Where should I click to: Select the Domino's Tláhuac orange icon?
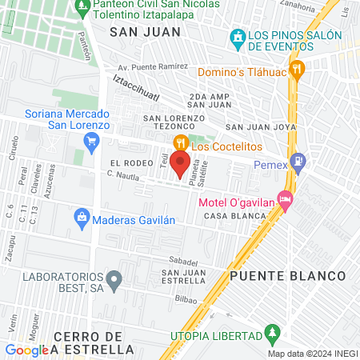(297, 69)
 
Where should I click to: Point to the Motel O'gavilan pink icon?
(284, 198)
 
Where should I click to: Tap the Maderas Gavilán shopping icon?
(82, 216)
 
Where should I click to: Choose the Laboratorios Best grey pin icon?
(114, 280)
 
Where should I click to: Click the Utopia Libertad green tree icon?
(273, 330)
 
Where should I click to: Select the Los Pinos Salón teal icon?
(237, 37)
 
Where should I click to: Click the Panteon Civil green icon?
(82, 7)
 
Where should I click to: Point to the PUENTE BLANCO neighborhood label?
(288, 276)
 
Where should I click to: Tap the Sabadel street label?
(183, 261)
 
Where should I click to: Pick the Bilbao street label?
(186, 298)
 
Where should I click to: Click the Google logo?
(27, 350)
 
